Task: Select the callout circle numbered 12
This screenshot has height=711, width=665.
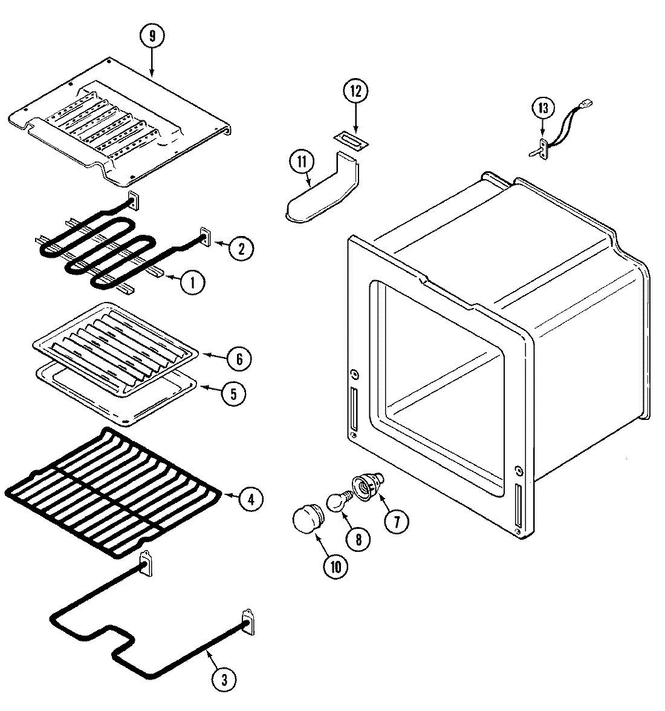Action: click(355, 91)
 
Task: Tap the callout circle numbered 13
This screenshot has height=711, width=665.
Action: click(542, 108)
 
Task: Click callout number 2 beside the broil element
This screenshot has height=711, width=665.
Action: click(241, 247)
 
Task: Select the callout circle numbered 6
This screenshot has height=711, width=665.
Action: click(239, 359)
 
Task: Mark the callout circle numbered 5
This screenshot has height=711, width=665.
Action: click(233, 393)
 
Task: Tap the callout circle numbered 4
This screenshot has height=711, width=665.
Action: click(250, 499)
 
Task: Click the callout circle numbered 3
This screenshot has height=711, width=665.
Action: click(224, 680)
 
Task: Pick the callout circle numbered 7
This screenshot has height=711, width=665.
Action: click(396, 521)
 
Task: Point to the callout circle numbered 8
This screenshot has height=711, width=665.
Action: click(358, 538)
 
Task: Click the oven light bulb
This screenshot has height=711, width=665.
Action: click(336, 501)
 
